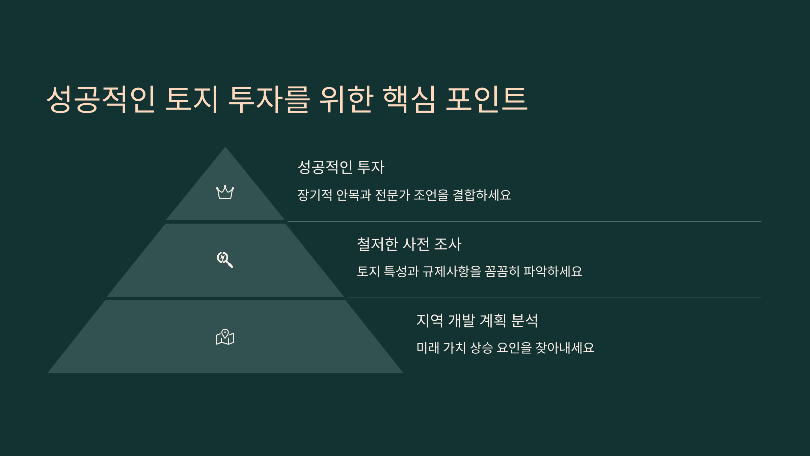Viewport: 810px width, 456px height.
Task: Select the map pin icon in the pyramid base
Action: [x=225, y=337]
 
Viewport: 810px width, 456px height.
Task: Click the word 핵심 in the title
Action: [x=409, y=99]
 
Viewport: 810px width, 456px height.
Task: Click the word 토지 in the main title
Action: [x=191, y=99]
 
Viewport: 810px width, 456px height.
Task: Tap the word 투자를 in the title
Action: [x=269, y=99]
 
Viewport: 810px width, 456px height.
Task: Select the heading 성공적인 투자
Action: [x=341, y=167]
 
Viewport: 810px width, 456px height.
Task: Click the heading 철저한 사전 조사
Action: [x=409, y=244]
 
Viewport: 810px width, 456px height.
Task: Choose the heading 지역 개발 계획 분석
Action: [x=477, y=320]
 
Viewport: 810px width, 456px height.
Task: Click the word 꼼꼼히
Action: [x=502, y=271]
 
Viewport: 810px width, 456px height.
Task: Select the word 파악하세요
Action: [x=553, y=271]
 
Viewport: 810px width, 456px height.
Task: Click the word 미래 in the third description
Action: [x=428, y=348]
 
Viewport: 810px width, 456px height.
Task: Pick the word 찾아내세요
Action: [x=565, y=348]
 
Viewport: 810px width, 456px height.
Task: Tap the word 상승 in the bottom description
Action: [x=481, y=348]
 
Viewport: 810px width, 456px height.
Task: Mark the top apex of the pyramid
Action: [x=225, y=147]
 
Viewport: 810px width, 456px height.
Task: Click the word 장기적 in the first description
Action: [x=315, y=195]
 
